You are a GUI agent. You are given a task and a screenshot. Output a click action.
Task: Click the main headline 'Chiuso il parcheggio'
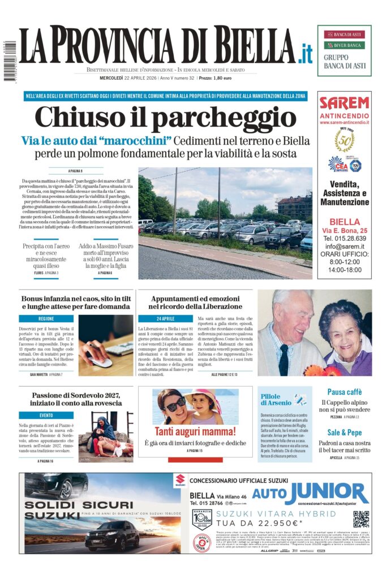[165, 118]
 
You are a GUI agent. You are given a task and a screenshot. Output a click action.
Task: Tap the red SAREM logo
[344, 103]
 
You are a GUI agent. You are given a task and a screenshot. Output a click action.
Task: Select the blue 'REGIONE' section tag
[46, 319]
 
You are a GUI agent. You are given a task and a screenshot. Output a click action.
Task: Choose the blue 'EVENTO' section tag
[46, 415]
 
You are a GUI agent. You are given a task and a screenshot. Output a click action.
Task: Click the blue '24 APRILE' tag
[165, 319]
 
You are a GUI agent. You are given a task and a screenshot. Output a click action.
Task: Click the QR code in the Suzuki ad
[361, 518]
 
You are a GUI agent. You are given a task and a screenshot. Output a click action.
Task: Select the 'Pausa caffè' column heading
[345, 392]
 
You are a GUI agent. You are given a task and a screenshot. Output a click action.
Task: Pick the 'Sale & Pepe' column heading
[345, 432]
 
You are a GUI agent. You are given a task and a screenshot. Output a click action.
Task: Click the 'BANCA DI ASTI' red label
[344, 34]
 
